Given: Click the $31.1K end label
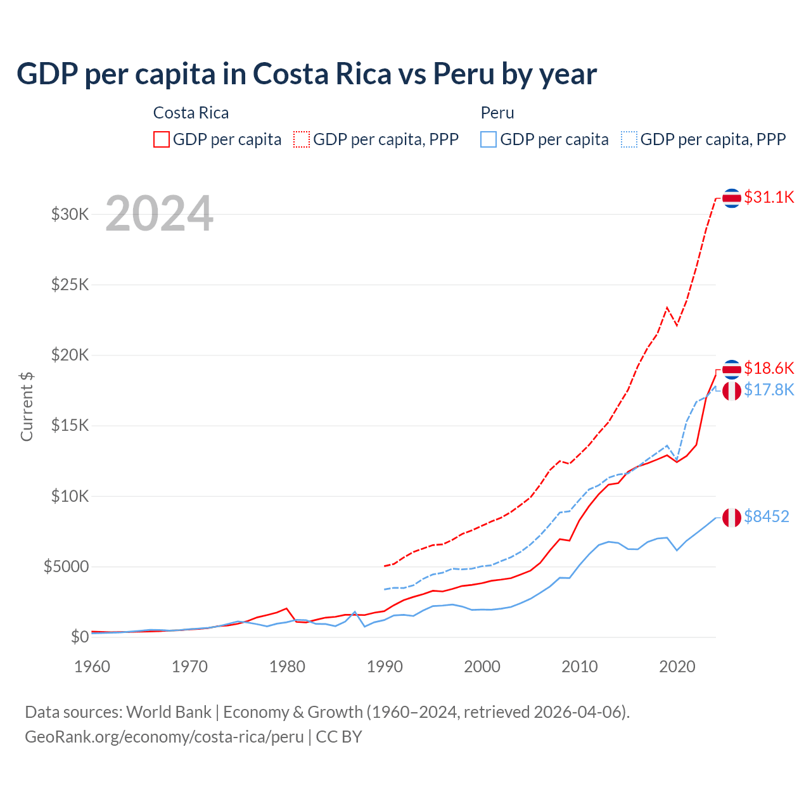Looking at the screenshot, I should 769,197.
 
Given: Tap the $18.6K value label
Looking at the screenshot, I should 769,368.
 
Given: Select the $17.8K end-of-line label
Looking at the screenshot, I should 769,390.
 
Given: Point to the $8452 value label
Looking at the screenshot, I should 766,516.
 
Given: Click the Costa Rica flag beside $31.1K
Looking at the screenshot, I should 732,198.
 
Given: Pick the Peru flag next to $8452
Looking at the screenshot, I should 732,517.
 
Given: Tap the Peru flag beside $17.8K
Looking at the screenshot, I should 732,391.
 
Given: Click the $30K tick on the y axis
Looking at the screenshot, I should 70,214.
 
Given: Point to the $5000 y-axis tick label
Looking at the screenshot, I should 66,566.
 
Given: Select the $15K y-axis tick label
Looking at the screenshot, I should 70,425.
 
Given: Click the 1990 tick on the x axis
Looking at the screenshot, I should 385,667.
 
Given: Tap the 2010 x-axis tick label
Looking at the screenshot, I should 580,667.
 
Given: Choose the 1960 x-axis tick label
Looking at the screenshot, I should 93,667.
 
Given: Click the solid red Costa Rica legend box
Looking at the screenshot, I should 162,139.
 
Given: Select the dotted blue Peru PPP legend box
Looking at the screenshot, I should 629,139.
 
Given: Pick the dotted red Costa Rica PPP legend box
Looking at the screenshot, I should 302,139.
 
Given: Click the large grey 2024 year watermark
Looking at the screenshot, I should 159,214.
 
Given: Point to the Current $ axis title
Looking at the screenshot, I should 27,407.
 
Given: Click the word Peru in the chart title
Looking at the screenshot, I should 463,74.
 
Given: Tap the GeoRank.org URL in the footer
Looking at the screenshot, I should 164,737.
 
